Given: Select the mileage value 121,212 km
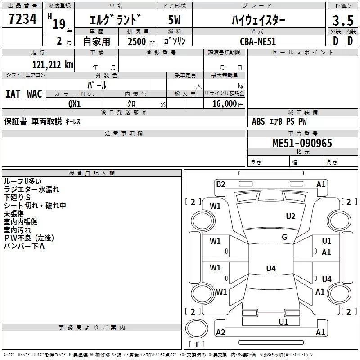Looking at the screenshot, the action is click(x=52, y=64).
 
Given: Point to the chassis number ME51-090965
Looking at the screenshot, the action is click(x=302, y=143).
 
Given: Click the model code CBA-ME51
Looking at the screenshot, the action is click(x=258, y=41).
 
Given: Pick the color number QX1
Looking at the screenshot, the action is click(x=75, y=103).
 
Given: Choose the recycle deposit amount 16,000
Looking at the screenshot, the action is click(x=224, y=103).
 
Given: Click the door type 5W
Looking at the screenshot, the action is click(x=174, y=20).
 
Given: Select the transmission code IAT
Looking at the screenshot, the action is click(x=13, y=94).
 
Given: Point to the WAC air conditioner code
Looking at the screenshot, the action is click(x=34, y=94).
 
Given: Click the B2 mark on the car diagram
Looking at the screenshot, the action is click(x=220, y=184).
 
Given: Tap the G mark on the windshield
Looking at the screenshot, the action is click(x=284, y=237).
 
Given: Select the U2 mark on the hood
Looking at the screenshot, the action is click(x=291, y=216).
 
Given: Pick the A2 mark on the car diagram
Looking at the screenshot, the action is click(x=220, y=332).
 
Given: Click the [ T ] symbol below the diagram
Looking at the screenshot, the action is click(x=196, y=344).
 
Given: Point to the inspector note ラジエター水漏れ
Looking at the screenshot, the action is click(x=31, y=189).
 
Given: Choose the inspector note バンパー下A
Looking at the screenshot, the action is click(x=24, y=246).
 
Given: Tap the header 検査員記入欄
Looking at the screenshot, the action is click(x=92, y=173).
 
